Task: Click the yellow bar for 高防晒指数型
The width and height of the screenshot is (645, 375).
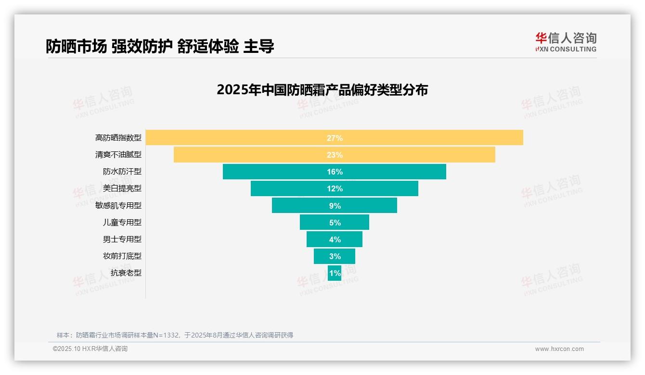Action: (x=241, y=137)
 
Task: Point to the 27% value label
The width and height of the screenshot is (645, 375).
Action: (x=335, y=138)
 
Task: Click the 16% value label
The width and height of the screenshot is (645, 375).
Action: (x=335, y=172)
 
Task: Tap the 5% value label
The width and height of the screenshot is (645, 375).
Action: (x=335, y=223)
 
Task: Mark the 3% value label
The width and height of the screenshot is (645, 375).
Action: (x=335, y=256)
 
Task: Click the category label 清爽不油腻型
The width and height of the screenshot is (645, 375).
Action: (x=118, y=155)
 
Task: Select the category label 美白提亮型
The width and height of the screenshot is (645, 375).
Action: (x=122, y=188)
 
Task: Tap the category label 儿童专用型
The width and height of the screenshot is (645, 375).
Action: (x=122, y=222)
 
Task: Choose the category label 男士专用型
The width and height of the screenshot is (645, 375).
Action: (x=122, y=239)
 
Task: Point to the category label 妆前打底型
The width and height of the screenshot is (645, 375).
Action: (x=122, y=256)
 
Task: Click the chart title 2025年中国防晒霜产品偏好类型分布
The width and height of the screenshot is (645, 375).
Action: (x=322, y=90)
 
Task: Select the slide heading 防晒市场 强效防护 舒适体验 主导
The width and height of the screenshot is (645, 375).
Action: (x=160, y=46)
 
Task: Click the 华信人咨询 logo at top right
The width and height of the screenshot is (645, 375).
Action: (x=566, y=42)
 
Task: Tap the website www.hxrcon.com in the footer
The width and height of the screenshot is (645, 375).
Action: (x=559, y=349)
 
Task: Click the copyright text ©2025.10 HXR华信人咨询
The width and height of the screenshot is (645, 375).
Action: (x=90, y=349)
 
